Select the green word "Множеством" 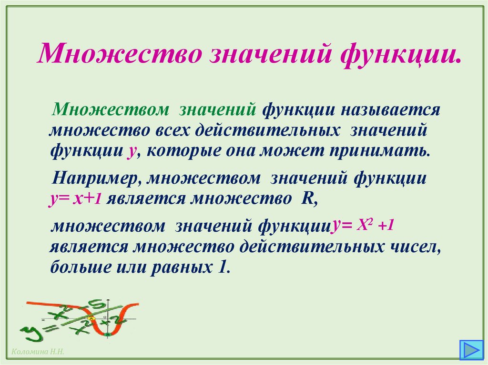click(x=111, y=109)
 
